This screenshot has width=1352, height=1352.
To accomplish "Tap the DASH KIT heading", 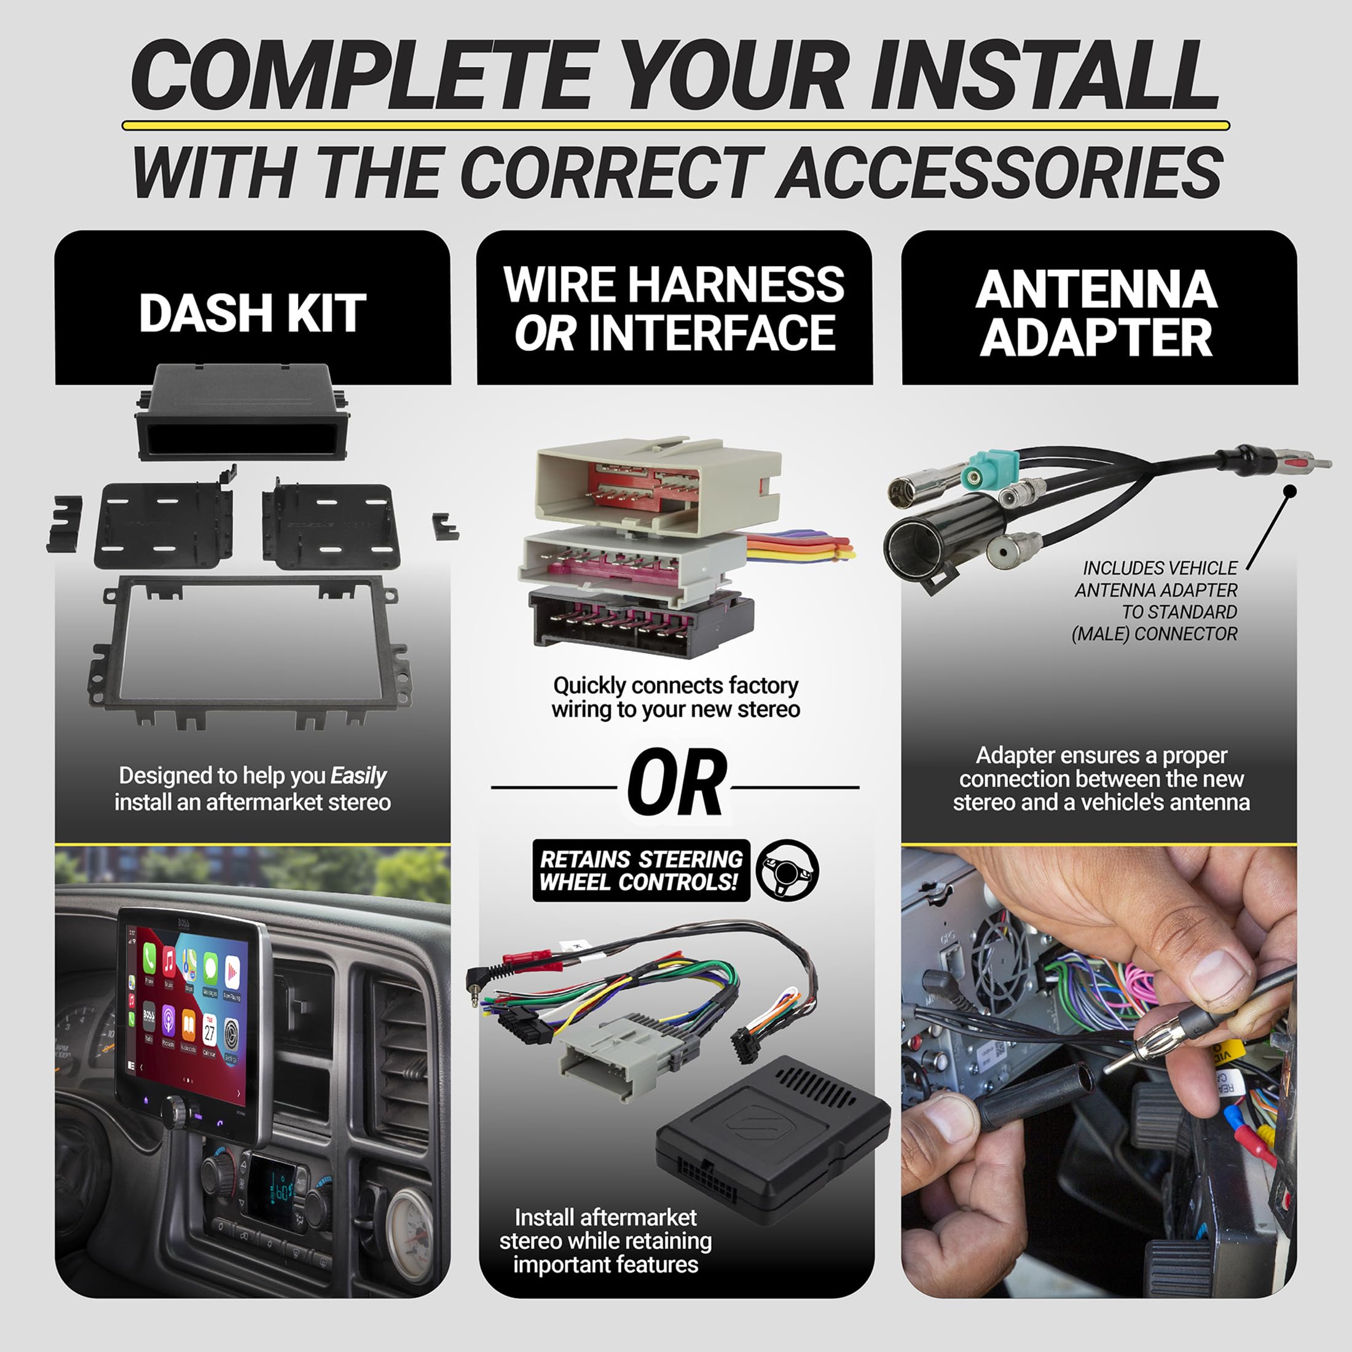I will (252, 313).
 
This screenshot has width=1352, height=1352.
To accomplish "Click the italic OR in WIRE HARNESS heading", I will (545, 334).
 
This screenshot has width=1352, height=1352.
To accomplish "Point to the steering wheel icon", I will (787, 870).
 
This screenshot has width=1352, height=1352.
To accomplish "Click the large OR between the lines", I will (675, 784).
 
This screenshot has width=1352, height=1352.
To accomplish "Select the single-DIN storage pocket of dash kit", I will (242, 413).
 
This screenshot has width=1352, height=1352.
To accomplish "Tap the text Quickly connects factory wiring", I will (675, 697).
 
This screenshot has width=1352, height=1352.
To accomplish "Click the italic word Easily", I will (358, 776).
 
